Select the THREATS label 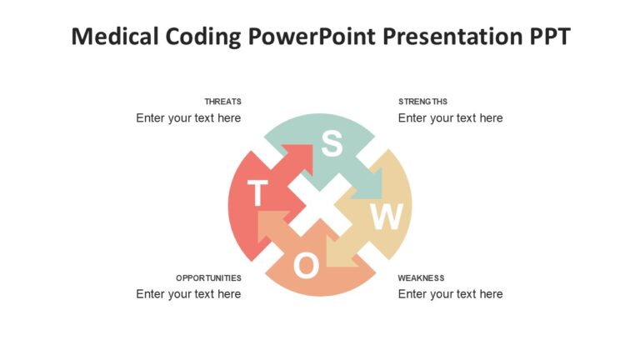tap(222, 102)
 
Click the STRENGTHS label tap(422, 102)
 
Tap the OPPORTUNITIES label tap(208, 277)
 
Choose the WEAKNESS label tap(421, 277)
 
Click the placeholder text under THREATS tap(188, 118)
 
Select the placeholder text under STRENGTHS tap(450, 118)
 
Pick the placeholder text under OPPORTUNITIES tap(188, 294)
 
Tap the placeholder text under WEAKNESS tap(450, 294)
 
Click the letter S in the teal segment tap(332, 145)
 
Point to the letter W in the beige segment tap(386, 217)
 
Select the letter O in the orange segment tap(306, 266)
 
